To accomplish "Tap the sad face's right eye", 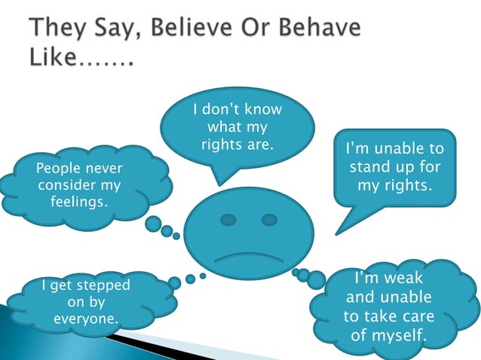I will pyautogui.click(x=269, y=220).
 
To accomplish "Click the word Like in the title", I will pyautogui.click(x=55, y=57).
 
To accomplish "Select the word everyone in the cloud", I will pyautogui.click(x=86, y=319).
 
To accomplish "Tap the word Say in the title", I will pyautogui.click(x=107, y=32).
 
